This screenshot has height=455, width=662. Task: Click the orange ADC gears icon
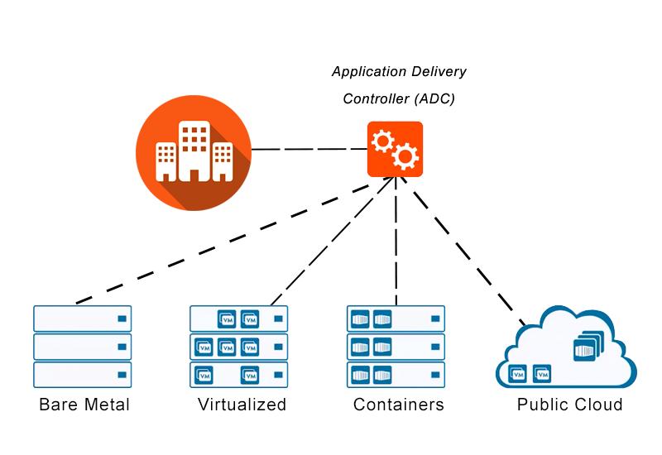pyautogui.click(x=395, y=149)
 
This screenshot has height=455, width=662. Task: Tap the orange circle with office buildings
pyautogui.click(x=194, y=153)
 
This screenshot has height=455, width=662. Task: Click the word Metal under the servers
pyautogui.click(x=108, y=405)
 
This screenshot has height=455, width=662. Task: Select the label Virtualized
pyautogui.click(x=242, y=405)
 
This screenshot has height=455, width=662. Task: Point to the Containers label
pyautogui.click(x=399, y=405)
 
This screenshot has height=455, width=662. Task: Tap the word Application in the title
pyautogui.click(x=367, y=72)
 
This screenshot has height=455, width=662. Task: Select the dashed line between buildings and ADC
pyautogui.click(x=309, y=149)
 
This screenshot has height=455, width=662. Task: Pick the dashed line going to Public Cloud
pyautogui.click(x=463, y=251)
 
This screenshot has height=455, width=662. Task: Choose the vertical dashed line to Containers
pyautogui.click(x=396, y=241)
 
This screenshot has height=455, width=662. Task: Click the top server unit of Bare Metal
pyautogui.click(x=82, y=318)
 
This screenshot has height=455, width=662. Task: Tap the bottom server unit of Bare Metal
pyautogui.click(x=82, y=375)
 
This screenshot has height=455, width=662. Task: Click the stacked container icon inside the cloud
pyautogui.click(x=588, y=345)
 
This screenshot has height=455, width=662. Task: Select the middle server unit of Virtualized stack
pyautogui.click(x=239, y=347)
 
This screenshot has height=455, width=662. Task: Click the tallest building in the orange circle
pyautogui.click(x=194, y=151)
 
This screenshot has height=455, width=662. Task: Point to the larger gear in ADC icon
pyautogui.click(x=405, y=156)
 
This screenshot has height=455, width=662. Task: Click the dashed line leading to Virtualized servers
pyautogui.click(x=332, y=241)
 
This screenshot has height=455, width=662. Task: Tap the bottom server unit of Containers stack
pyautogui.click(x=396, y=375)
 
